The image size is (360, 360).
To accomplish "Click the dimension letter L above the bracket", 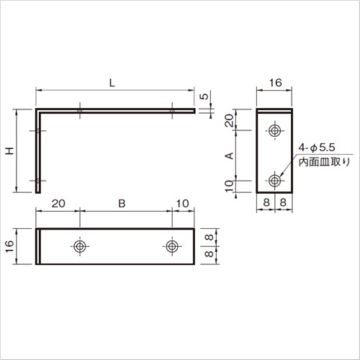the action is (x=112, y=83).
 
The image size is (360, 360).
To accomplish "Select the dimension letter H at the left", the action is (x=10, y=151).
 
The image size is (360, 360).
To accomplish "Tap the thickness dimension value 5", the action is (x=204, y=96).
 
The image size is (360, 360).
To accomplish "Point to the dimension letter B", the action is (x=122, y=204).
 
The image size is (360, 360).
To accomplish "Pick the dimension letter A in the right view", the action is (x=230, y=156).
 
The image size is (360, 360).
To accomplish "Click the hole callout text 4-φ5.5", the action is (x=317, y=148).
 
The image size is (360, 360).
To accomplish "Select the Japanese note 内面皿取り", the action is (x=324, y=162).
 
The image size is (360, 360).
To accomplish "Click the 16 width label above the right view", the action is (x=275, y=83).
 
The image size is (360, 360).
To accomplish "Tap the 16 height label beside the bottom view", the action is (x=9, y=246).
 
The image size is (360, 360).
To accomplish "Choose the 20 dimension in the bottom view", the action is (x=58, y=204).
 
